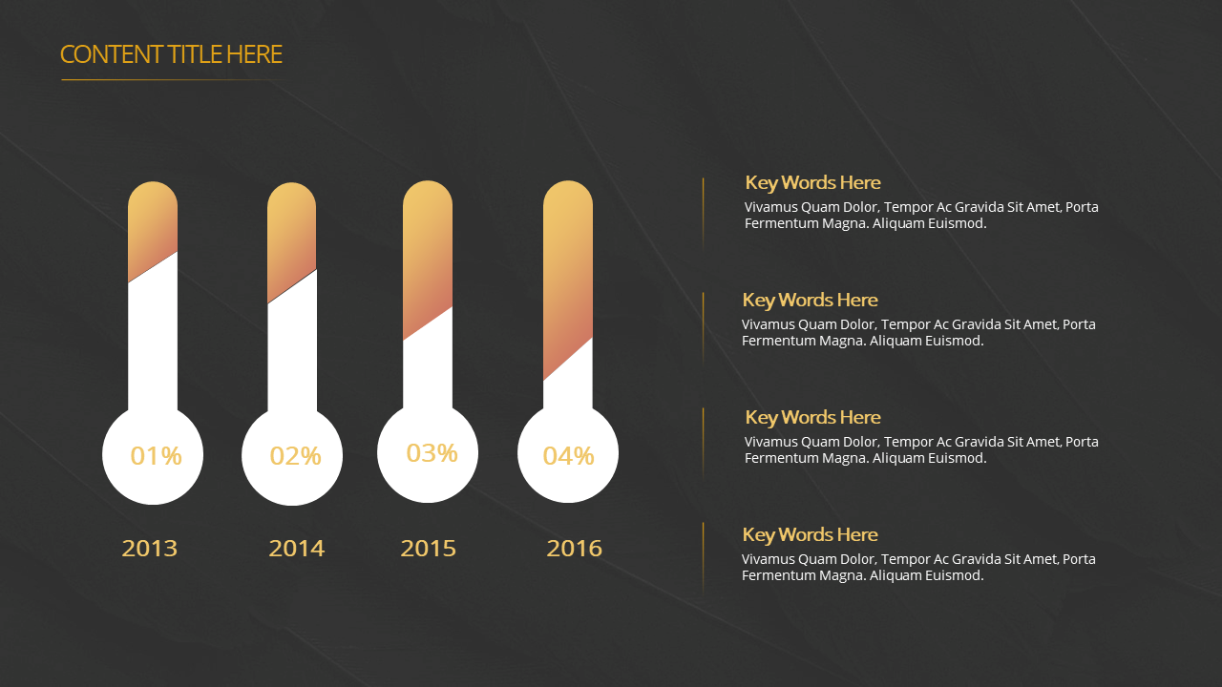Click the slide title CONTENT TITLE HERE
coord(171,54)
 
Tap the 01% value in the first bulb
coord(156,456)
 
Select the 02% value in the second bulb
coord(296,456)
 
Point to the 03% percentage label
coord(432,453)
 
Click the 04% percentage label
coord(568,456)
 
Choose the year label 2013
coord(150,549)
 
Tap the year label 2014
coord(296,549)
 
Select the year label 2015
coord(429,549)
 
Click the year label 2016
coord(575,549)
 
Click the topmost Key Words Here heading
coord(812,182)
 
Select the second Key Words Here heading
coord(811,300)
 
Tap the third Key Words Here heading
coord(812,417)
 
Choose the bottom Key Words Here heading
coord(811,534)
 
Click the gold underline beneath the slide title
coord(174,79)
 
